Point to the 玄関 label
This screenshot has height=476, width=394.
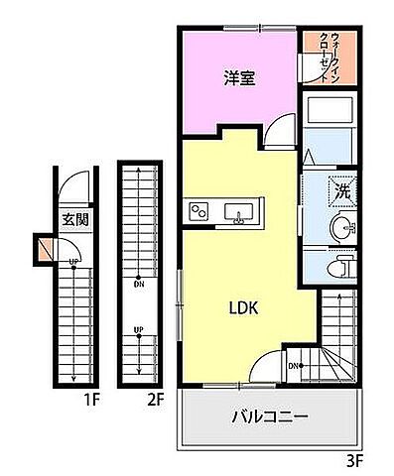click(x=75, y=220)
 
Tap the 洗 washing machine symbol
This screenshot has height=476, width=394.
click(x=340, y=189)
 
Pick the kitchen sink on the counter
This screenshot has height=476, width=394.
click(x=239, y=211)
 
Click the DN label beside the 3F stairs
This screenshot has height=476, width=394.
click(x=293, y=366)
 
